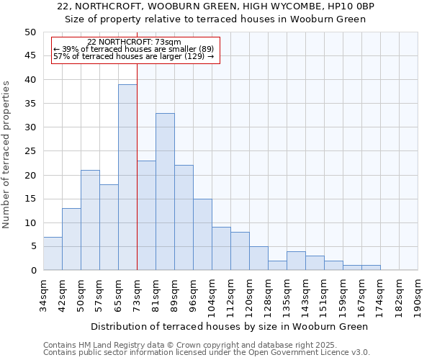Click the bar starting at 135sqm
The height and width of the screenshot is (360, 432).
click(x=296, y=261)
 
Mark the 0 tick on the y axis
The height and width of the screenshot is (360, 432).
click(x=32, y=271)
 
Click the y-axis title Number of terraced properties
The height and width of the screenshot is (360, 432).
click(x=7, y=155)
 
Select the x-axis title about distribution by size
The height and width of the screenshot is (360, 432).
click(x=230, y=326)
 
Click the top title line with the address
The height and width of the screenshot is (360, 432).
click(x=216, y=6)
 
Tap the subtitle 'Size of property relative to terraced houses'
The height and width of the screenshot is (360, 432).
click(x=216, y=19)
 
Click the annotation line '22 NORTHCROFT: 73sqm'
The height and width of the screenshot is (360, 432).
click(x=134, y=42)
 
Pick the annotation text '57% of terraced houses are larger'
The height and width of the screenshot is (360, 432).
click(x=134, y=56)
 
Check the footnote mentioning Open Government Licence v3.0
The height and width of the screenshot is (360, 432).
click(x=207, y=352)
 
